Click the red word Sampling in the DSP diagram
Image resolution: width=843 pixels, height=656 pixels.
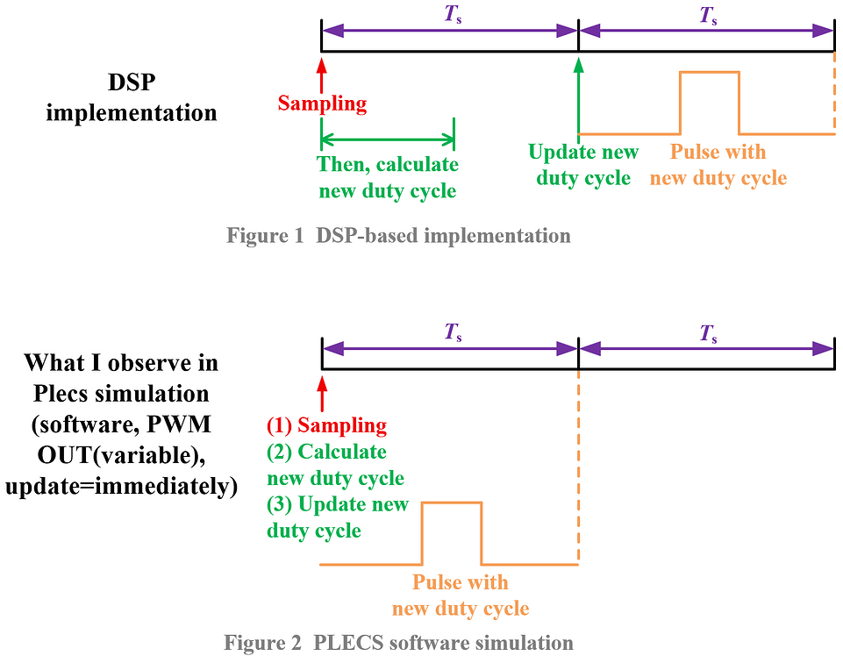tap(322, 103)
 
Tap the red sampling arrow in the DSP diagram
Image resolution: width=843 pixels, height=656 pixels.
tap(322, 74)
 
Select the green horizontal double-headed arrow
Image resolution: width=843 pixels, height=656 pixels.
tap(388, 139)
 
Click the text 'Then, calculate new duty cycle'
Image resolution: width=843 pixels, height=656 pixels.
tap(388, 177)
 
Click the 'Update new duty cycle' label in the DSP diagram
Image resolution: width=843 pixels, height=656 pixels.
tap(582, 165)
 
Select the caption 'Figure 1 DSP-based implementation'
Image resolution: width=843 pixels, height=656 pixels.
tap(398, 236)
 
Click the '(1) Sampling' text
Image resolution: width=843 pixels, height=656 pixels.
tap(326, 426)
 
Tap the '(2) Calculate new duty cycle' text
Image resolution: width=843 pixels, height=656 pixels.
tap(335, 465)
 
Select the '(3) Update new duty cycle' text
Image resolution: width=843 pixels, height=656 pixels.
tap(337, 517)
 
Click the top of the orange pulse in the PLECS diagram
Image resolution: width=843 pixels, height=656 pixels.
tap(452, 503)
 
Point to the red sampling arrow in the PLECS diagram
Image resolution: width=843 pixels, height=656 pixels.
tap(322, 394)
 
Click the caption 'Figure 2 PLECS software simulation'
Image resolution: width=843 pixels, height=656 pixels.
tap(398, 643)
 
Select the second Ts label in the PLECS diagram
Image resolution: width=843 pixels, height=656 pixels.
tap(707, 332)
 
